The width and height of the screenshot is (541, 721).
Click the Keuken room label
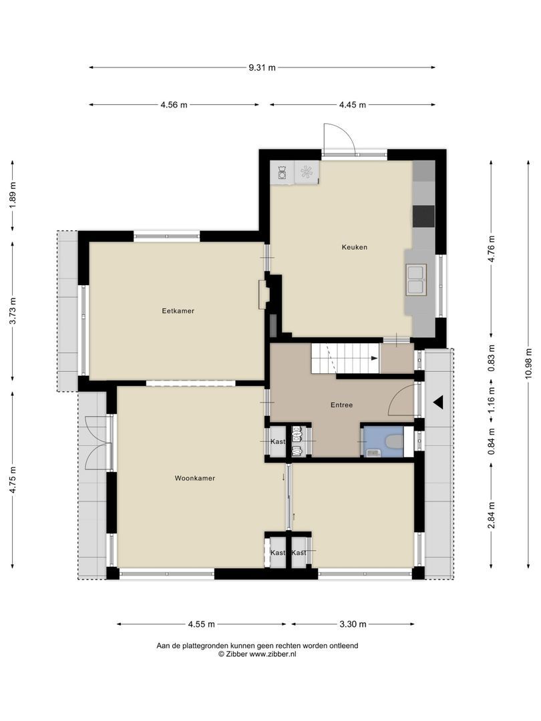pyautogui.click(x=354, y=247)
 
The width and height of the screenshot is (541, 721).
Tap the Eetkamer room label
pyautogui.click(x=178, y=310)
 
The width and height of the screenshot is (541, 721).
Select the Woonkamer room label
pyautogui.click(x=194, y=478)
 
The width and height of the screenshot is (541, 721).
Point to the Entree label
pyautogui.click(x=341, y=405)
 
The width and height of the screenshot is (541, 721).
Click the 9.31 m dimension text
pyautogui.click(x=262, y=67)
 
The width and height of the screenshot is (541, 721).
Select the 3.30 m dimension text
pyautogui.click(x=353, y=624)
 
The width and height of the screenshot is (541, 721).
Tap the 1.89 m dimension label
pyautogui.click(x=13, y=196)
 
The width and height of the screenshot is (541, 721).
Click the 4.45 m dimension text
pyautogui.click(x=352, y=105)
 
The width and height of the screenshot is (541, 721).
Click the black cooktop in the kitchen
pyautogui.click(x=423, y=216)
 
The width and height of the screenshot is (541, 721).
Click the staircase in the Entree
pyautogui.click(x=344, y=359)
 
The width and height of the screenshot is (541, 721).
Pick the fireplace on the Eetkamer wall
pyautogui.click(x=263, y=293)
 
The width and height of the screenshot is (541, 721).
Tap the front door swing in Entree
pyautogui.click(x=402, y=398)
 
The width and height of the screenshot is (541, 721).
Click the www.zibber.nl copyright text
pyautogui.click(x=257, y=654)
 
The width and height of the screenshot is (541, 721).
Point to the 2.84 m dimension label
pyautogui.click(x=492, y=515)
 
